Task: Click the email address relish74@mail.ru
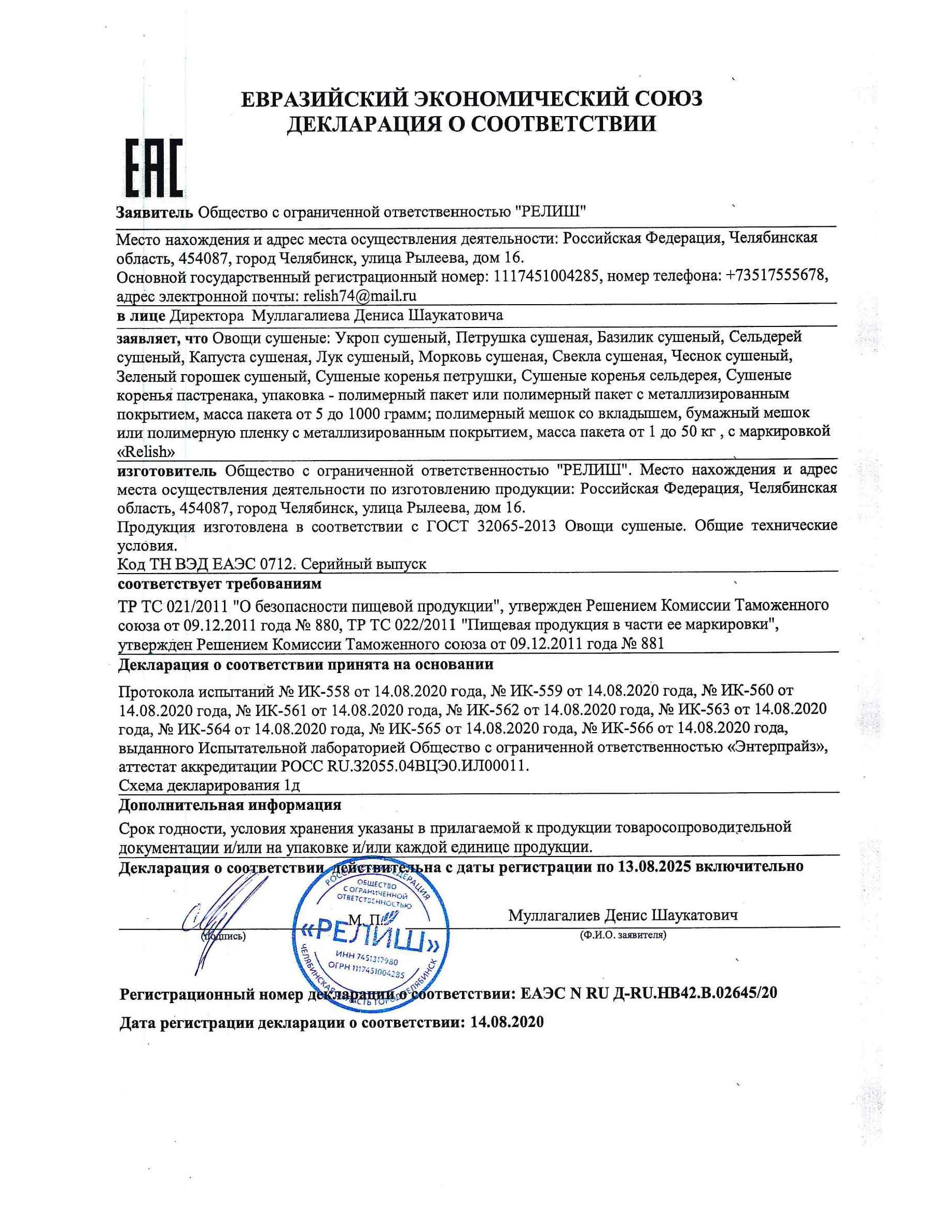click(360, 295)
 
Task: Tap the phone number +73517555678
click(777, 276)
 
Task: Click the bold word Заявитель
click(155, 212)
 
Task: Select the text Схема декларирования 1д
click(209, 785)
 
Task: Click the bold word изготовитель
click(167, 471)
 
